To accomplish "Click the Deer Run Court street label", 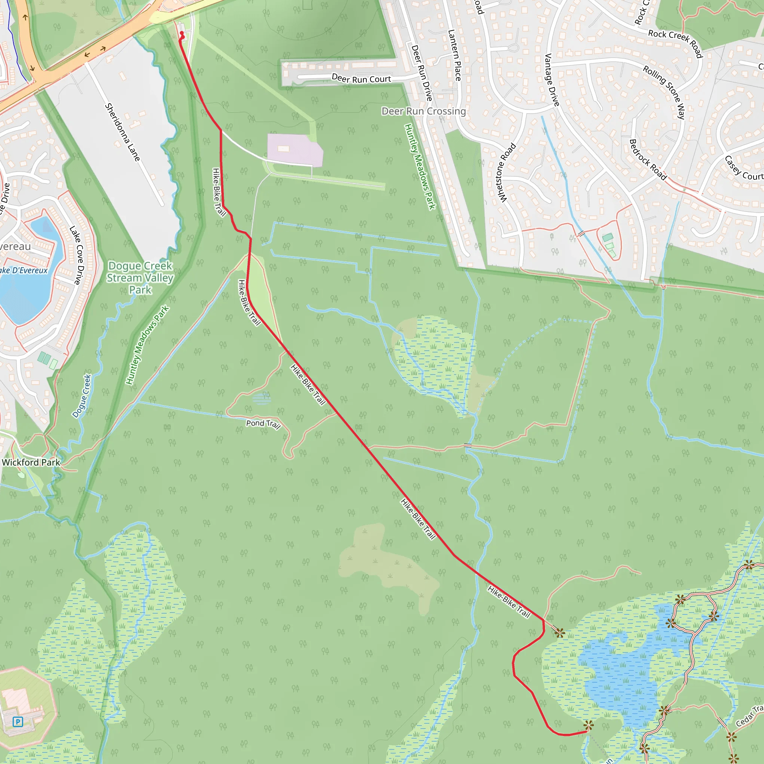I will pos(361,79).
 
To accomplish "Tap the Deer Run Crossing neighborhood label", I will pos(423,111).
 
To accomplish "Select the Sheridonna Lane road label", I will pos(123,132).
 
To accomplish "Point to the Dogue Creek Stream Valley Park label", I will pos(140,278).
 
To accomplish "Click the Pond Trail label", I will pos(263,424).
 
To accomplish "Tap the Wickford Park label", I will pos(31,462).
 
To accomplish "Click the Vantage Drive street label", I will pos(552,80).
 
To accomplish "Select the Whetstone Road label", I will pos(506,173).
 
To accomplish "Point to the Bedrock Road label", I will pos(648,159).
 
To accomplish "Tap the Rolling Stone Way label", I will pos(664,92).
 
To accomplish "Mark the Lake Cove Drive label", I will pos(78,255).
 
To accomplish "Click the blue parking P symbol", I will pos(18,722).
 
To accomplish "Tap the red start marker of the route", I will pos(182,33).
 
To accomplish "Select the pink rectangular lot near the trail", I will pos(295,150).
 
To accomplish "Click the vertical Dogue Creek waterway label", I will pos(82,396).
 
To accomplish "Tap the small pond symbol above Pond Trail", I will pos(262,398).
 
